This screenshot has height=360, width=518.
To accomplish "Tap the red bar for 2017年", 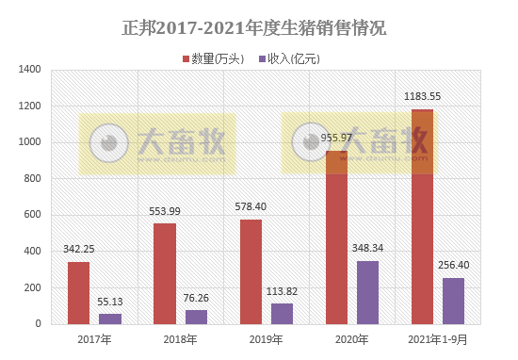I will (79, 293).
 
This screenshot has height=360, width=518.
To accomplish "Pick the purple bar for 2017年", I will (110, 319).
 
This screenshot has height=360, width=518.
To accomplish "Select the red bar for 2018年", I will (165, 273).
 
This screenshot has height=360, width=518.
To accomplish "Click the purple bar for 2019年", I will (283, 314).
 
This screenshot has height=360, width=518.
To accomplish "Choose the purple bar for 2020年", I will (368, 292).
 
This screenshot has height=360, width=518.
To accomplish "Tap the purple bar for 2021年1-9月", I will (454, 301).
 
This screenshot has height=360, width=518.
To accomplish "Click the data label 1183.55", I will (423, 95).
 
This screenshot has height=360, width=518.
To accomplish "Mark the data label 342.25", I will (79, 250).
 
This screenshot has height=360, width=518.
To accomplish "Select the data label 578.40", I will (251, 207).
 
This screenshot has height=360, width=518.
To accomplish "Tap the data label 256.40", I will (454, 266).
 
